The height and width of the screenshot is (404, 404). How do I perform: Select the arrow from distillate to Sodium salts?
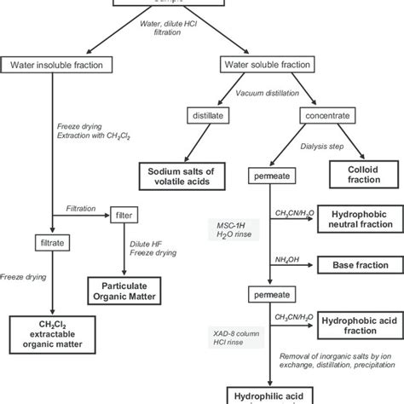(205, 139)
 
